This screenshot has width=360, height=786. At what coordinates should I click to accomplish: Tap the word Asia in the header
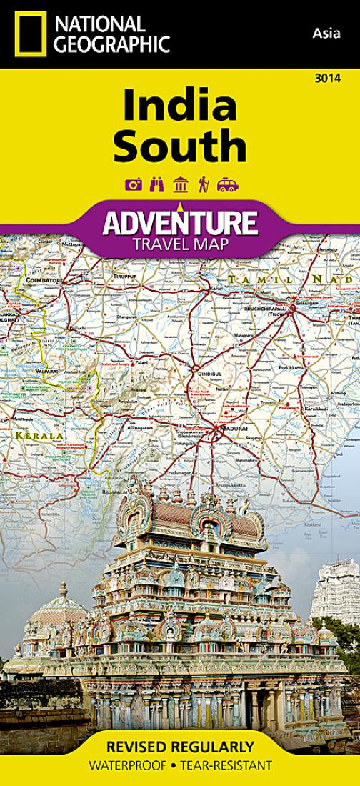coord(324,31)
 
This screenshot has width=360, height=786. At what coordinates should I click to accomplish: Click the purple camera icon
coord(133,185)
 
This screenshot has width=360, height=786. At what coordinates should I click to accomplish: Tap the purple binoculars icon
coord(156,185)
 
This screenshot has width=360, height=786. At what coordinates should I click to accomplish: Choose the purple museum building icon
coord(181,185)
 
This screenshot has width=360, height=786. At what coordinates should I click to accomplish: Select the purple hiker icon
coord(204,185)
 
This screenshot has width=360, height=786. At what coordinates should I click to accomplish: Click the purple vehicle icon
coord(227,185)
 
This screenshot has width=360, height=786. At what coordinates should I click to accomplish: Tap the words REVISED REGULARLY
coord(179,747)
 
